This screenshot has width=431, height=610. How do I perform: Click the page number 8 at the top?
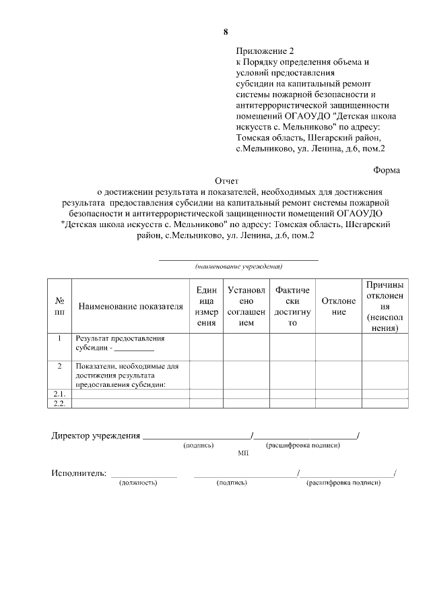tap(226, 32)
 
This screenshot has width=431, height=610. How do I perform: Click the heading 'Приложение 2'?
tap(265, 51)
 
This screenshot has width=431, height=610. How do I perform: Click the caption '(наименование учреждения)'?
tap(238, 267)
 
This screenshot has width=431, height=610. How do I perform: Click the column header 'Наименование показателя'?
tap(131, 307)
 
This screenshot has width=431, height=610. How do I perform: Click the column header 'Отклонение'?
tap(339, 307)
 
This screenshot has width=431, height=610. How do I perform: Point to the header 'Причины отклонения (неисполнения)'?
tap(385, 307)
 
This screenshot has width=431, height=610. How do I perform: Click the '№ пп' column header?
tap(59, 307)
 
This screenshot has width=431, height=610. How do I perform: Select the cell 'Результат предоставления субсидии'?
tap(120, 343)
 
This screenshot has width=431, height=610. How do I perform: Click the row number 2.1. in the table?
tap(59, 394)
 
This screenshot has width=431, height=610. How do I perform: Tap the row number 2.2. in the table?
tap(59, 403)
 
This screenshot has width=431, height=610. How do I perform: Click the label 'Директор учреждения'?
tap(96, 435)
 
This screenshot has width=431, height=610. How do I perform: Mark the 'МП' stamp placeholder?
tap(243, 454)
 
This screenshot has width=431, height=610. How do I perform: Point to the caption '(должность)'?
tap(138, 483)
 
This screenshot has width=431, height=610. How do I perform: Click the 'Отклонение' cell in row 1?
tap(339, 346)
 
